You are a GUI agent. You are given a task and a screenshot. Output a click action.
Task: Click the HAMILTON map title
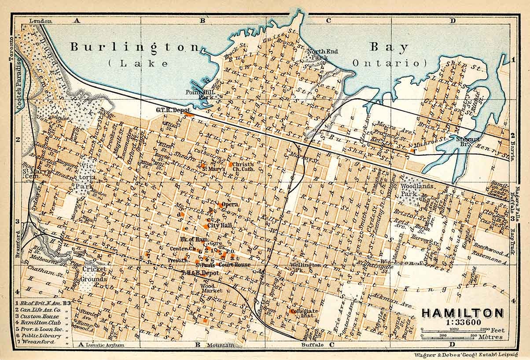coord(462,313)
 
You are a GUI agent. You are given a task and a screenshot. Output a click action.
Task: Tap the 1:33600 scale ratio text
coord(462,322)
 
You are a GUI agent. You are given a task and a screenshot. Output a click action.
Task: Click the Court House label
coord(235,265)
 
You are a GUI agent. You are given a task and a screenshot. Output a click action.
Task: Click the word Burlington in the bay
coord(136,47)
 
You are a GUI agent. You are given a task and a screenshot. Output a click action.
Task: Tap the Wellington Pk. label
coord(305,268)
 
